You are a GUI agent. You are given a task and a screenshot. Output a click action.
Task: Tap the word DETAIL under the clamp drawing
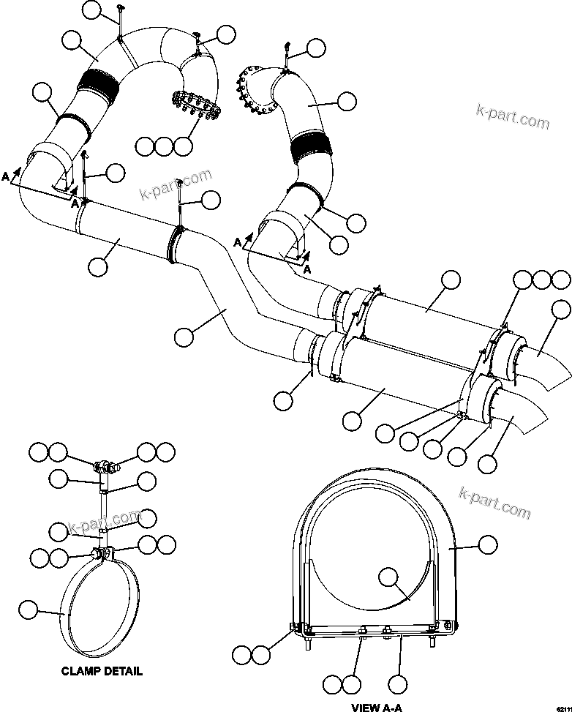pyautogui.click(x=121, y=671)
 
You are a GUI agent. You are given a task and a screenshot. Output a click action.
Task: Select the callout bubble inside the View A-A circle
pyautogui.click(x=388, y=577)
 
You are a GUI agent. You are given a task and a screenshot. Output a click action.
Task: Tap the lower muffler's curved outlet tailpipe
pyautogui.click(x=524, y=427)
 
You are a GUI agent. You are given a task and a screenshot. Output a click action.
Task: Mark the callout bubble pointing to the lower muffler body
pyautogui.click(x=352, y=420)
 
